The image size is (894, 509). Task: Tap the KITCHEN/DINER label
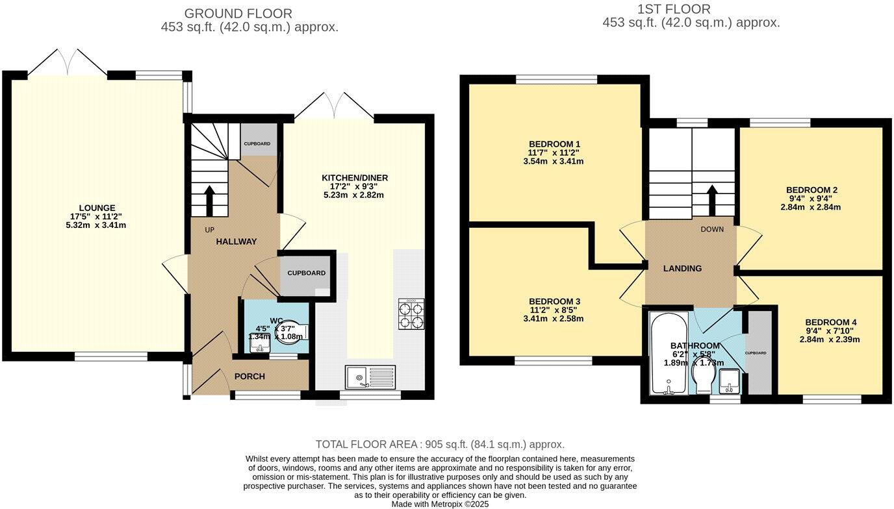[x=354, y=178]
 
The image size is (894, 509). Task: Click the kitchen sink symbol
[x=369, y=377]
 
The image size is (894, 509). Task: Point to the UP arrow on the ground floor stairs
[x=209, y=201]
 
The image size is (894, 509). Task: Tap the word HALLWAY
[x=236, y=242]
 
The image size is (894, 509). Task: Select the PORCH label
[x=249, y=377]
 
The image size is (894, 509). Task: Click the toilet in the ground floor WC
[x=294, y=329]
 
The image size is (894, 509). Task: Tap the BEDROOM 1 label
[x=554, y=144]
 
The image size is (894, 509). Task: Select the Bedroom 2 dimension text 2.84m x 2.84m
[x=811, y=208]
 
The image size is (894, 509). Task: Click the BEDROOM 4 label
[x=830, y=322]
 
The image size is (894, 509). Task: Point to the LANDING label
[x=682, y=268]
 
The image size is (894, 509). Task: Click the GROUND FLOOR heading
[x=238, y=13]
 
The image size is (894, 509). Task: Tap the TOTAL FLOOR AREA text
[x=440, y=444]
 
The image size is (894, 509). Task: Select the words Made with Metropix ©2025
[x=440, y=504]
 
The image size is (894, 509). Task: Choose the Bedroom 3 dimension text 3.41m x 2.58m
[x=554, y=319]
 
